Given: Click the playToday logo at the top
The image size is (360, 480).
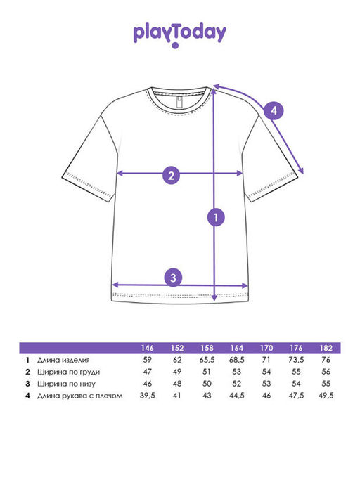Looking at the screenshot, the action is coord(179,35).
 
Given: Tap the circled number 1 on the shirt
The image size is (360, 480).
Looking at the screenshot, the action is coord(216,217).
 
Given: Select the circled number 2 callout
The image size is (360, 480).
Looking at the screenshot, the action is coord(172,176).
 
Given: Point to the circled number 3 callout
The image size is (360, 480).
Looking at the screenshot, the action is coord(174,278).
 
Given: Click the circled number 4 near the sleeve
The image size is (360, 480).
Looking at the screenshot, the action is coord(274,110).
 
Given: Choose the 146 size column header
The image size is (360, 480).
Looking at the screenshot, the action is coord(148,348).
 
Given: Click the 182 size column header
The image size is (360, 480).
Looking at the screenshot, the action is coord(326,348).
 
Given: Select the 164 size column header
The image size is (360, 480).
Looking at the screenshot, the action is coord(236,348).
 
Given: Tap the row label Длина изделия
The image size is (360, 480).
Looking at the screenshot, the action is coord(63,360).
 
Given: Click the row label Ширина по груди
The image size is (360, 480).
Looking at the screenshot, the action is coord(69,372).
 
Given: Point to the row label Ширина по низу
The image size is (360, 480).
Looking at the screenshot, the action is coord(67,384).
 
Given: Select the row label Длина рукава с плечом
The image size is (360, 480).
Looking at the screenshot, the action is coord(80,396).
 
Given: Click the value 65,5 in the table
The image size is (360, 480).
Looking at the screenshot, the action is coord(207,360).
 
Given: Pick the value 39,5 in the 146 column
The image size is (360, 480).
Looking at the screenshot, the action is coord(148,396).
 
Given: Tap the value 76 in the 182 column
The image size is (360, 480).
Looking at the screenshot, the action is coord(326,360).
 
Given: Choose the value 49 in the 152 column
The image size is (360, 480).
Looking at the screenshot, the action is coord(177,372).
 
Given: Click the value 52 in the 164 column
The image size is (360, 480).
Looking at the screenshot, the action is coord(236,384).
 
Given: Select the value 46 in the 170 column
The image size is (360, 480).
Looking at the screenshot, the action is coord(266,396).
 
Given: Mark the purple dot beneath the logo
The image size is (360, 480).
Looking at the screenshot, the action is coord(175,46).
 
